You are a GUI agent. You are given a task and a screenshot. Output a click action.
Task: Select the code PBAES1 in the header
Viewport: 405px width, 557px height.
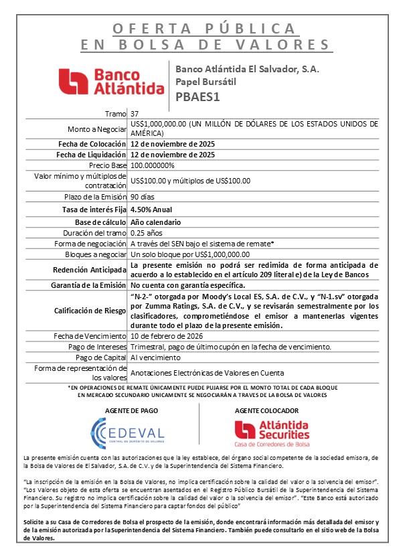(198, 96)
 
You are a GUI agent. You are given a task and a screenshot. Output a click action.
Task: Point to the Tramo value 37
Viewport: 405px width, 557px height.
(135, 114)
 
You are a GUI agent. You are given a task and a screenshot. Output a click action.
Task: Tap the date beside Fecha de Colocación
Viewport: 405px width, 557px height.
(173, 143)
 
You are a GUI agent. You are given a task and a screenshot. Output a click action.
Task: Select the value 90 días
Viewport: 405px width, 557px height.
(144, 199)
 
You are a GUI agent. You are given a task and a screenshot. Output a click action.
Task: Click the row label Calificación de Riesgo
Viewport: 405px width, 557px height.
(90, 310)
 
